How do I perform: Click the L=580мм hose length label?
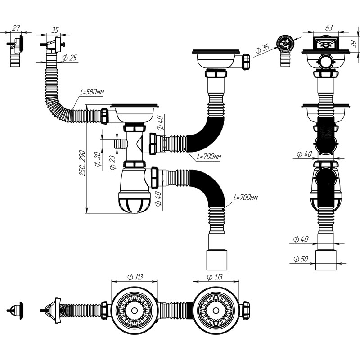(x=92, y=92)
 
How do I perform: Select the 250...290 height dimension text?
(x=82, y=163)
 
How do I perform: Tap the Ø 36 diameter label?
(x=262, y=49)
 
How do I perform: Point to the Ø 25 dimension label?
(x=69, y=58)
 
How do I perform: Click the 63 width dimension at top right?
(x=329, y=28)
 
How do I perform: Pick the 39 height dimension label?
(x=355, y=44)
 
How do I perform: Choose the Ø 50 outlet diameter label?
(x=301, y=259)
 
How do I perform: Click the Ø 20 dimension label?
(x=98, y=159)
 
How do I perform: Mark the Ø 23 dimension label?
(x=112, y=162)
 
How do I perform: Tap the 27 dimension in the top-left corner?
(x=16, y=28)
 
